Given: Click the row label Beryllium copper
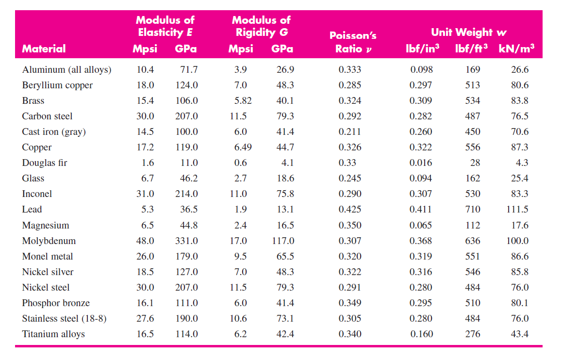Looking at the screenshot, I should (57, 85).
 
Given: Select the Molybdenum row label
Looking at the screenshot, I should (49, 241).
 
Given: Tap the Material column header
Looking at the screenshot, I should (44, 49).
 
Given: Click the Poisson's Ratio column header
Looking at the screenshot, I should (353, 42).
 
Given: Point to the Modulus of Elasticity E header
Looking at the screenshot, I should (165, 26).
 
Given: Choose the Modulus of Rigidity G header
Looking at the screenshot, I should (261, 26).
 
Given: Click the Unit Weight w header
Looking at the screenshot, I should (469, 33).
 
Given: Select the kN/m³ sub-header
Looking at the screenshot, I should (516, 49).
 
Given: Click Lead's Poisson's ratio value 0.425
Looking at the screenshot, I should (349, 210).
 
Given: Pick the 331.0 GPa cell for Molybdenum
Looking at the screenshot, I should (186, 241).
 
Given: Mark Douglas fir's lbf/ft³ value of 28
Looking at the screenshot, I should (475, 163).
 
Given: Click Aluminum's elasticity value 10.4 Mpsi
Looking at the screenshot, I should (145, 70).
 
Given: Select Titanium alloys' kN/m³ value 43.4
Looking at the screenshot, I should (520, 334).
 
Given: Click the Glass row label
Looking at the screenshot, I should (33, 179).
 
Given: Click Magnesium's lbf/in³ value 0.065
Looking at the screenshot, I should (421, 226).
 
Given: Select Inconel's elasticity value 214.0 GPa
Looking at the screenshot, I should (186, 194).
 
